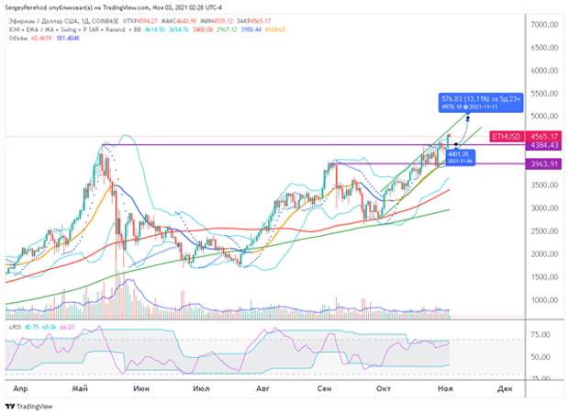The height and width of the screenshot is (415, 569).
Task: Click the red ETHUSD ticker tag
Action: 505,136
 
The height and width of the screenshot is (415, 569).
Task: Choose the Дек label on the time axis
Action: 504,388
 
